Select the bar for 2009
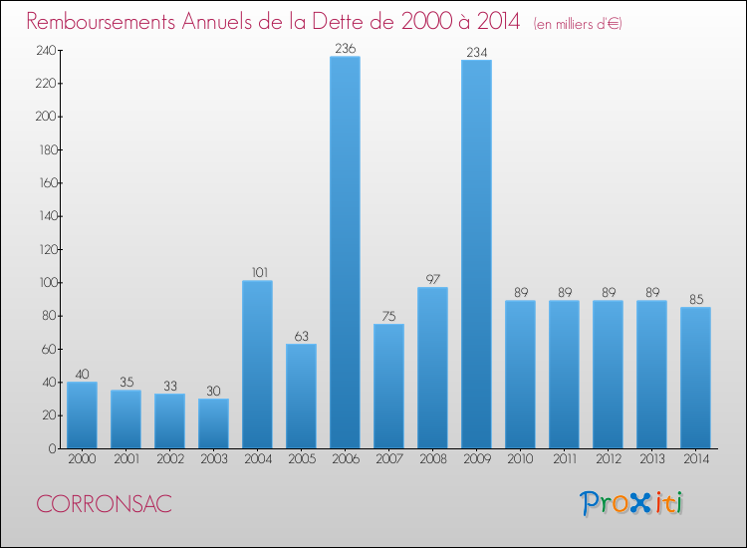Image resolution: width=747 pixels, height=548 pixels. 476,254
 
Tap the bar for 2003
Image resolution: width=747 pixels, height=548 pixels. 213,423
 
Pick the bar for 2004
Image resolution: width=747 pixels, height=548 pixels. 257,365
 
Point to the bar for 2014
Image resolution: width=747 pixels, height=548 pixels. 695,378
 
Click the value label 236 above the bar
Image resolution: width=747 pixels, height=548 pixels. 345,47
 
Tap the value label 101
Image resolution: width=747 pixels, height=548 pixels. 257,271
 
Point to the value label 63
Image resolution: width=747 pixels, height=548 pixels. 301,335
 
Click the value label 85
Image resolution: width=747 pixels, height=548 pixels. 695,298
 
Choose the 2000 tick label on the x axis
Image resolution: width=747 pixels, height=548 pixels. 82,460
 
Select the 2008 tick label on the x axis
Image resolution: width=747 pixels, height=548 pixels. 432,460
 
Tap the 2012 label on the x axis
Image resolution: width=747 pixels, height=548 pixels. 608,460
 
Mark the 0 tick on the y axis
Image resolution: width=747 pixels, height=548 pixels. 51,448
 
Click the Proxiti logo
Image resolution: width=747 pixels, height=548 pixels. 632,503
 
